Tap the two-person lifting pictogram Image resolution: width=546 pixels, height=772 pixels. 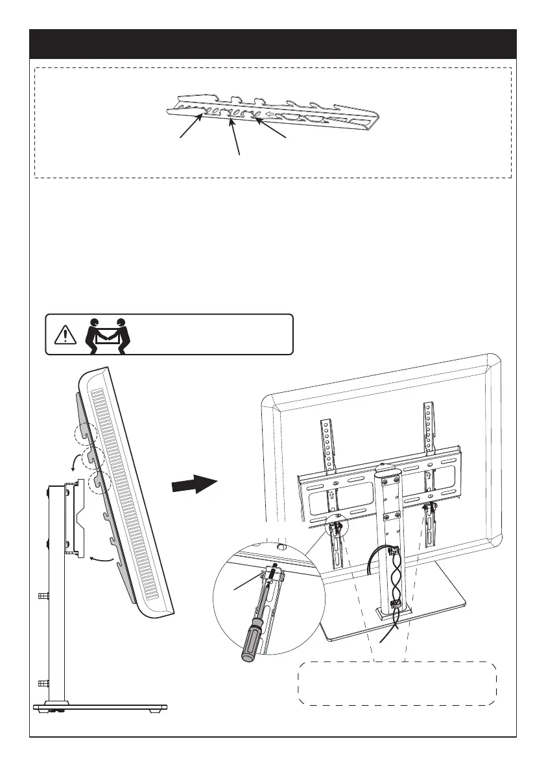[108, 334]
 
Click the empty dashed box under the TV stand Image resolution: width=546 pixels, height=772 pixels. [397, 683]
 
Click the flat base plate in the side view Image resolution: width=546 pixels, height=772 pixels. [101, 707]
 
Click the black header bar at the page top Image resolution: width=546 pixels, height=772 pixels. [273, 44]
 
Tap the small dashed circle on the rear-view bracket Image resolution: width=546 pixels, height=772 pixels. [337, 519]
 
